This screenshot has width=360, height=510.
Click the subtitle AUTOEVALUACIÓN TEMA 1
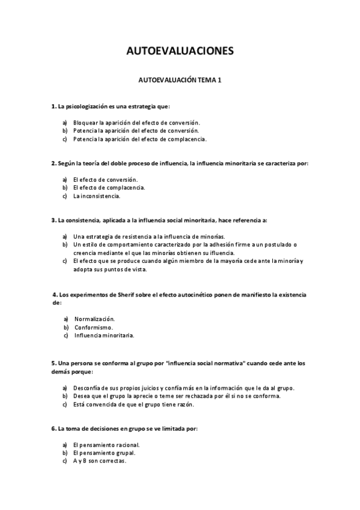(x=180, y=79)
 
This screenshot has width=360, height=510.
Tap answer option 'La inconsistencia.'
(x=97, y=196)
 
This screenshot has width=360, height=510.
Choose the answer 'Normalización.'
(x=95, y=319)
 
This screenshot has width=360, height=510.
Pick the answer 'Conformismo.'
(x=94, y=327)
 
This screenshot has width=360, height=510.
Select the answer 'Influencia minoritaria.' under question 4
(x=105, y=336)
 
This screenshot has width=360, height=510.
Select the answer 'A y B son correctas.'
(x=100, y=461)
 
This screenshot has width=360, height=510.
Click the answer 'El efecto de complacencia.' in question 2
(x=109, y=188)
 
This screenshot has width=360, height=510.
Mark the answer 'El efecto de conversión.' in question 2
(x=105, y=179)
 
